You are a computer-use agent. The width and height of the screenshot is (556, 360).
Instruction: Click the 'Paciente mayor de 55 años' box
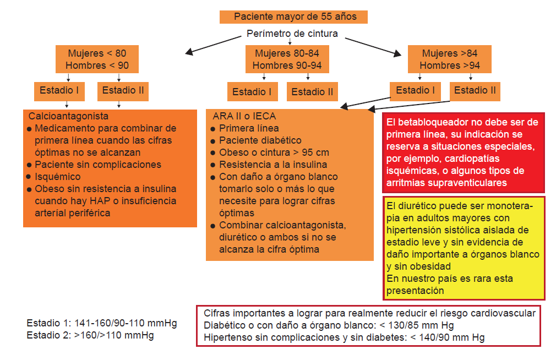coord(293,17)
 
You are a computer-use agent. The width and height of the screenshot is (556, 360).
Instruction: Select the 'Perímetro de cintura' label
coord(292,34)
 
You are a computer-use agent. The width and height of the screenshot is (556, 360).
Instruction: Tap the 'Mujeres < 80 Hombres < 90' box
coord(97,59)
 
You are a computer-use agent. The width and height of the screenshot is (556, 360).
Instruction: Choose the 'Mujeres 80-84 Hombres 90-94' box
coord(287,59)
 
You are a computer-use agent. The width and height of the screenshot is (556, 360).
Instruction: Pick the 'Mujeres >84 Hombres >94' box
coord(450,59)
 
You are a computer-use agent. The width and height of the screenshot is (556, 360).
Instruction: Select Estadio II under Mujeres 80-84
coord(312,92)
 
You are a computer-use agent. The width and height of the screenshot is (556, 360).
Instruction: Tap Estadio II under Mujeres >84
coord(475,90)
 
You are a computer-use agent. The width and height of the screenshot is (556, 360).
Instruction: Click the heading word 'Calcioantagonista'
coord(68,116)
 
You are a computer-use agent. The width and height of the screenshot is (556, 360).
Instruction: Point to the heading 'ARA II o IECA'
coord(244,116)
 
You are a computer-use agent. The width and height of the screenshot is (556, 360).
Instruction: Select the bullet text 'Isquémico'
coord(57,177)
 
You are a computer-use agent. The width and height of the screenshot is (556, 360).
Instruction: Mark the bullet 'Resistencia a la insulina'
coord(273,165)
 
